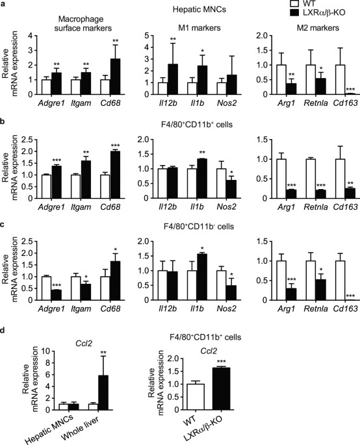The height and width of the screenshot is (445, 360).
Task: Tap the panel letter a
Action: (x=4, y=5)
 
